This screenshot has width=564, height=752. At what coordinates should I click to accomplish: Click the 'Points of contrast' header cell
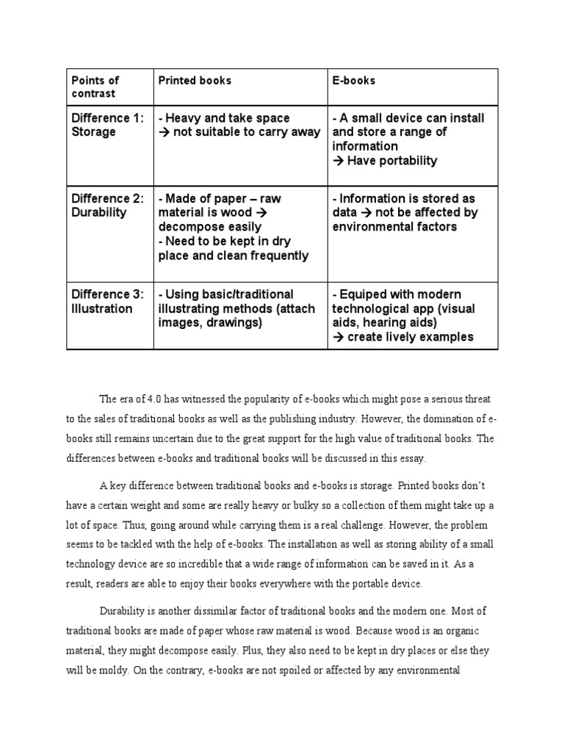[x=95, y=87]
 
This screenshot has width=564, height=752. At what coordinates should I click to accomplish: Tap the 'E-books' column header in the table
[x=354, y=80]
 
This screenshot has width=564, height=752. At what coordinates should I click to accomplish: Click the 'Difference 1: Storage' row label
[x=107, y=125]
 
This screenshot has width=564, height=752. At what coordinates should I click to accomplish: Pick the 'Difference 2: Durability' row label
[x=107, y=206]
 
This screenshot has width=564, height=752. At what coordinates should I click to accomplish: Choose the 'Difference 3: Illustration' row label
[x=107, y=301]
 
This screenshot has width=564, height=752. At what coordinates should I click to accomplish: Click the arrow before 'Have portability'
[x=339, y=160]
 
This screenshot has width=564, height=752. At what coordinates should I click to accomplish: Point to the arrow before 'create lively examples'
[x=339, y=337]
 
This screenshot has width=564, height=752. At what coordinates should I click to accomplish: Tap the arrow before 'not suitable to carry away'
[x=164, y=132]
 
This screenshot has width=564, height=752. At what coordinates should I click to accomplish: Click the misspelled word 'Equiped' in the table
[x=365, y=294]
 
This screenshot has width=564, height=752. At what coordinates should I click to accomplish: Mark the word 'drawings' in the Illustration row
[x=234, y=322]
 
